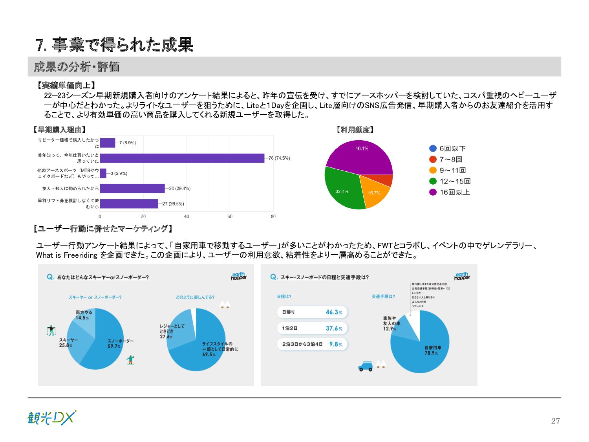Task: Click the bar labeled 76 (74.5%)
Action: click(x=182, y=158)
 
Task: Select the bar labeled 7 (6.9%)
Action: click(x=108, y=143)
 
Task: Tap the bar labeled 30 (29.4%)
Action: click(x=132, y=189)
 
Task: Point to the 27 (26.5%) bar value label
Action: click(x=173, y=204)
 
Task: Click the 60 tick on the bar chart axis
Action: click(x=230, y=216)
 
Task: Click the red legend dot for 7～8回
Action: click(x=433, y=159)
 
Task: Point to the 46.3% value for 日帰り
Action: click(x=334, y=312)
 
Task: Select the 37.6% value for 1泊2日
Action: click(x=334, y=328)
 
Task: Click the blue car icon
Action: click(x=365, y=367)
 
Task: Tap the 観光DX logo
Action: click(x=51, y=418)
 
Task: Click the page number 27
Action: click(x=555, y=421)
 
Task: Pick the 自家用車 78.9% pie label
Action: click(x=432, y=350)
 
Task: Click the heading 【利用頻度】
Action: click(x=355, y=130)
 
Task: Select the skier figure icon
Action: click(x=51, y=331)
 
